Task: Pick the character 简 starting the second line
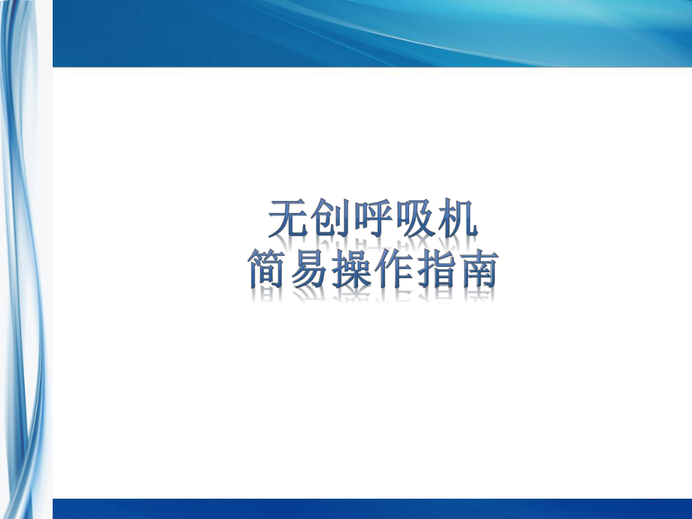pyautogui.click(x=269, y=270)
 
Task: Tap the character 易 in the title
pyautogui.click(x=310, y=270)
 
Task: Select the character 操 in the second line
pyautogui.click(x=351, y=270)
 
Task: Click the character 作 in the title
pyautogui.click(x=393, y=270)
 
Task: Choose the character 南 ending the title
pyautogui.click(x=476, y=270)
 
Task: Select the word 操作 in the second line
pyautogui.click(x=372, y=270)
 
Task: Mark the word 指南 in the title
pyautogui.click(x=456, y=270)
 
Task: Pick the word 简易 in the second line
pyautogui.click(x=290, y=270)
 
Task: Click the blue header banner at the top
pyautogui.click(x=372, y=33)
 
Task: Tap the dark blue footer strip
pyautogui.click(x=372, y=508)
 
